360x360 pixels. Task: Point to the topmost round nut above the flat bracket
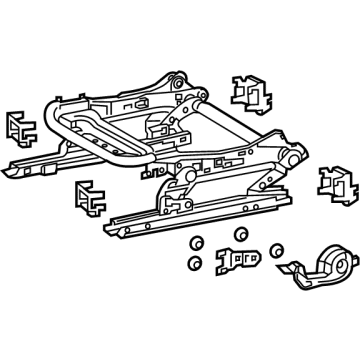[x=239, y=234]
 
